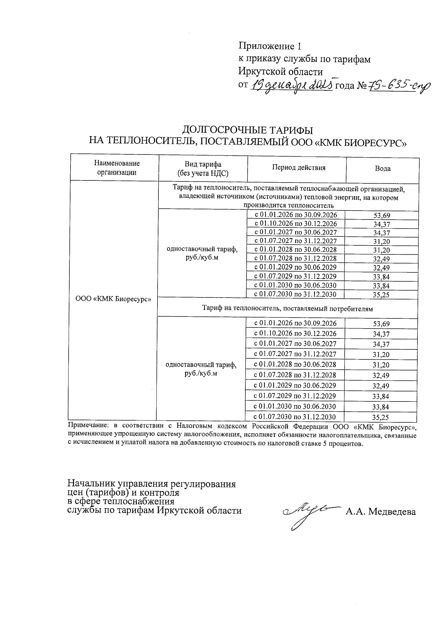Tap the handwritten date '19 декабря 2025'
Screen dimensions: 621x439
click(292, 85)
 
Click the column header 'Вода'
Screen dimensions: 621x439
click(382, 169)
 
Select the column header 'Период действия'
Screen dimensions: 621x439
click(299, 168)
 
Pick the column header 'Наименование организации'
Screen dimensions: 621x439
click(116, 168)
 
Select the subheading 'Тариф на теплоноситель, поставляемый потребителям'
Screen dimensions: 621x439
click(287, 308)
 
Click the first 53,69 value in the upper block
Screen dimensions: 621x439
click(381, 215)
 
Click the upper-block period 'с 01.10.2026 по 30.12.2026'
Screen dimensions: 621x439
click(296, 224)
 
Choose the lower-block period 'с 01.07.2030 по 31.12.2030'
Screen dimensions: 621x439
click(294, 417)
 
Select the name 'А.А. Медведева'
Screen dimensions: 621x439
click(380, 512)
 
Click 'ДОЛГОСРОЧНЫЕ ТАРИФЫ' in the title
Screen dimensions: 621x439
click(248, 130)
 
